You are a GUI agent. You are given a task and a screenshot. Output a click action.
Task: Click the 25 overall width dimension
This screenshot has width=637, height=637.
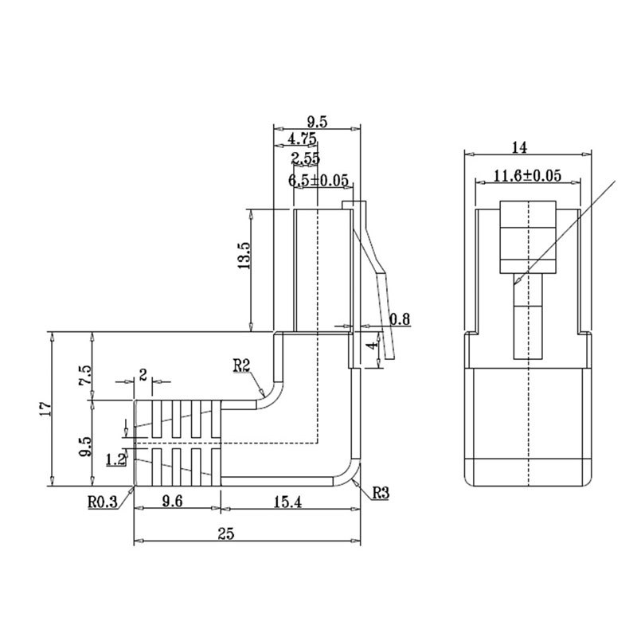click(226, 533)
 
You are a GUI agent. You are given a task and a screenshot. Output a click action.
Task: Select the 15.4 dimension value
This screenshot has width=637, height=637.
click(287, 502)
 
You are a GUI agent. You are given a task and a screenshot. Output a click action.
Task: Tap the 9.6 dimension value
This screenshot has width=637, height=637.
click(172, 502)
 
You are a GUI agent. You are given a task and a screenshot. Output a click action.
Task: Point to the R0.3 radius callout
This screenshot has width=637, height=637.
click(103, 502)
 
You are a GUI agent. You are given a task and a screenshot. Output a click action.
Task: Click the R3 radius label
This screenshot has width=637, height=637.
click(381, 493)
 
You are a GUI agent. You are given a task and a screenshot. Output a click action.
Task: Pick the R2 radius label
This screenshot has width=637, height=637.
click(241, 366)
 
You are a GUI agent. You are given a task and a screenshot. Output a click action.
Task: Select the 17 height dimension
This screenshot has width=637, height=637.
click(45, 408)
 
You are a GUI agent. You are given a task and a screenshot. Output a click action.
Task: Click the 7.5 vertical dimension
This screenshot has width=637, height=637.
click(86, 376)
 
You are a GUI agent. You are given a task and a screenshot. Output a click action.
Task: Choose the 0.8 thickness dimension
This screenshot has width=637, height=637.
click(400, 319)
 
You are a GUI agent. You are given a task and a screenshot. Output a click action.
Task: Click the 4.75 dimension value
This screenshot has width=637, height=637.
click(302, 139)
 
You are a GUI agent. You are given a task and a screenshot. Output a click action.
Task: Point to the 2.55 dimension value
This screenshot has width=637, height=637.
click(306, 158)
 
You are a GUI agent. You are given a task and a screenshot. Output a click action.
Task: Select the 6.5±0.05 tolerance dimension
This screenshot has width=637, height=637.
click(318, 181)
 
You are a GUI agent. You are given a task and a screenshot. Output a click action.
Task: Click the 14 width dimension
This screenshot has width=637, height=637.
click(519, 147)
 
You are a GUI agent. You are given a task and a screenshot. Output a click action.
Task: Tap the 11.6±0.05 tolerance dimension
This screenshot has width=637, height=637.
click(527, 176)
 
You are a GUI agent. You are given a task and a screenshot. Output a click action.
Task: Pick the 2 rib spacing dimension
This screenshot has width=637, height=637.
click(143, 375)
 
